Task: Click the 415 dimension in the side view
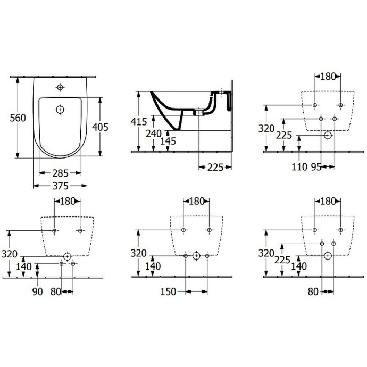(x=139, y=122)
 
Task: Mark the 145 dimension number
(x=169, y=141)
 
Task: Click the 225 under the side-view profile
(x=215, y=168)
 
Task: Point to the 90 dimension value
(x=38, y=291)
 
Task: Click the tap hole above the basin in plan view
(x=60, y=87)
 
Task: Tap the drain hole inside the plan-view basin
(x=60, y=110)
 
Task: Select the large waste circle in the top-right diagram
(x=328, y=136)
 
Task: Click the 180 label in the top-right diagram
(x=328, y=77)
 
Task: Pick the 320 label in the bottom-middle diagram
(x=139, y=254)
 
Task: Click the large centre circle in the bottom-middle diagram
(x=196, y=256)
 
